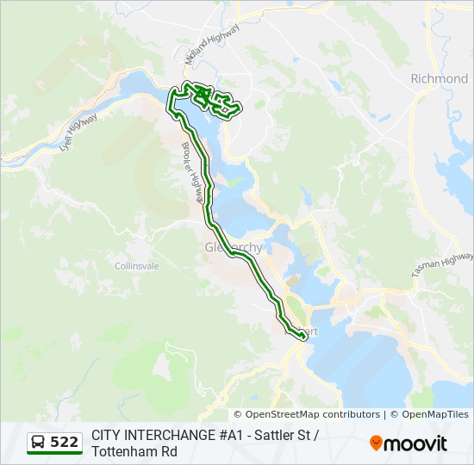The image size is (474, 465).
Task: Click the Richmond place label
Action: coord(439,78)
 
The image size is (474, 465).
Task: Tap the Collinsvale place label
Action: coord(137,266)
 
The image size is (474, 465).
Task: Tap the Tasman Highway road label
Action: coord(442,264)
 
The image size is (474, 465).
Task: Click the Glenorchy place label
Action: coord(233,248)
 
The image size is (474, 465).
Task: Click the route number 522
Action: coord(65,442)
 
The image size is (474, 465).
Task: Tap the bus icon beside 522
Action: coord(39,442)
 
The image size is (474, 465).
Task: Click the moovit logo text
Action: coord(415,443)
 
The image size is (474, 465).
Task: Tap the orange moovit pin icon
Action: coord(375,443)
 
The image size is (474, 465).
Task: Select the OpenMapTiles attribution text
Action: coord(435,414)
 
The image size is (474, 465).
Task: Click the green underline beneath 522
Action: coord(53,454)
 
